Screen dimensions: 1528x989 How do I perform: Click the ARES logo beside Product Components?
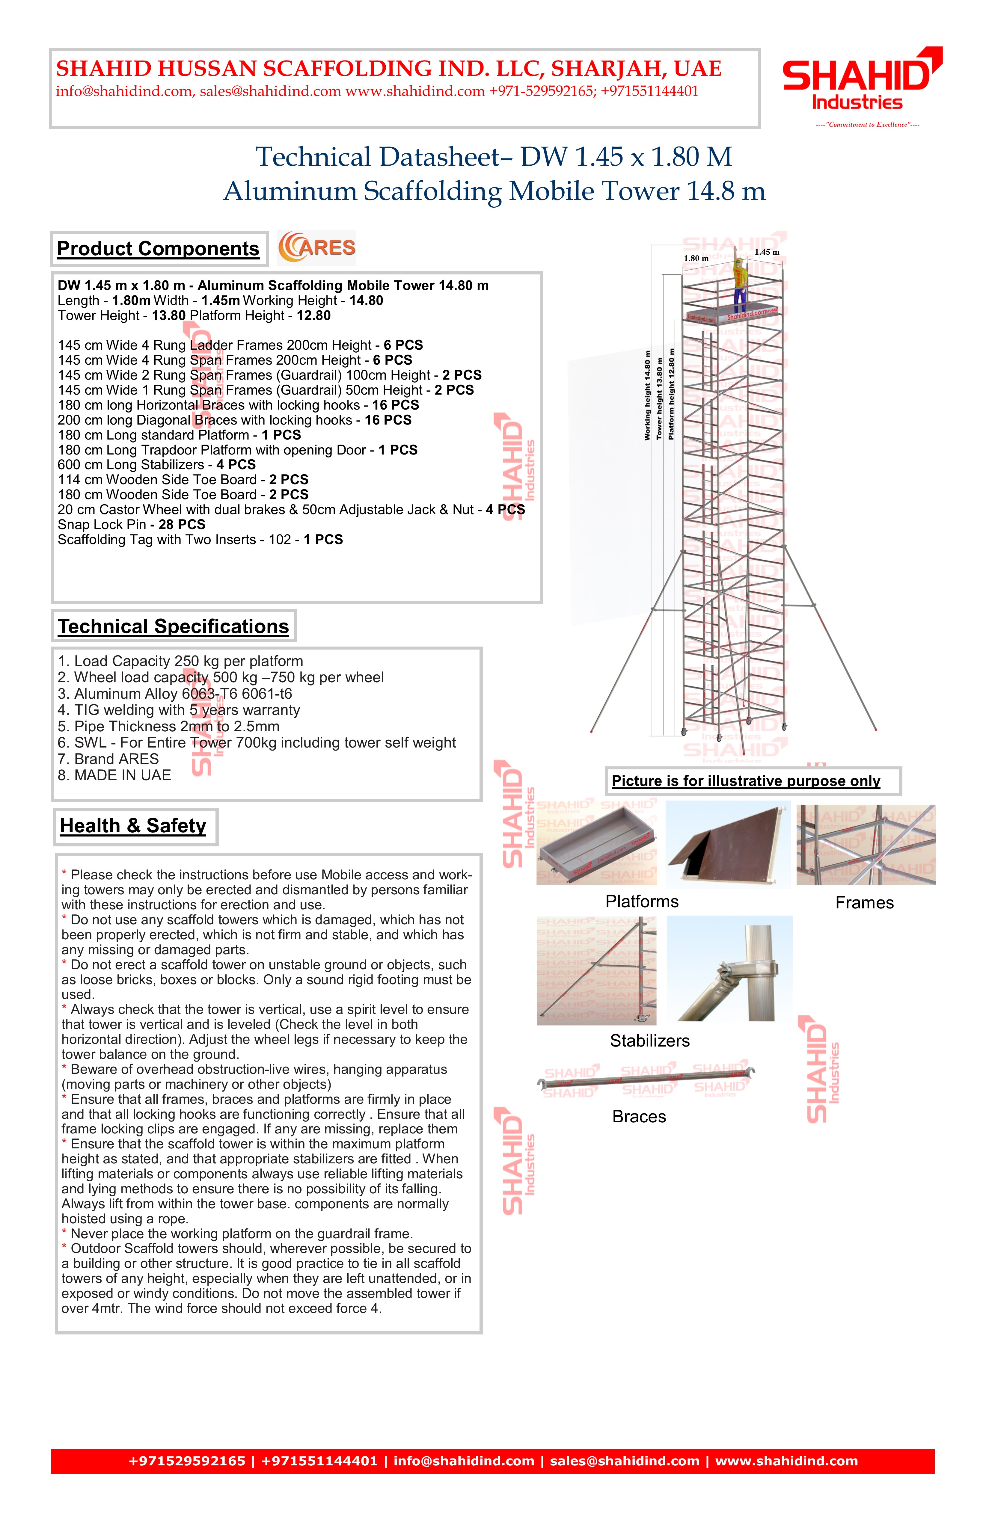(x=316, y=248)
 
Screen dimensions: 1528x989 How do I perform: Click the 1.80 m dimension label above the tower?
(x=696, y=258)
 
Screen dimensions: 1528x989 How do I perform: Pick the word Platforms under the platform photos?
(x=642, y=902)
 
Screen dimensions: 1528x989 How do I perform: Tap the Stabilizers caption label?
(x=649, y=1041)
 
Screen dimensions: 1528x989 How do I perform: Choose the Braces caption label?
(x=639, y=1116)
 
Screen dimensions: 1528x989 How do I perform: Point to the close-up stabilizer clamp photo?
(x=729, y=968)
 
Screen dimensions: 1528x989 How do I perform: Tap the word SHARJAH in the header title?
(x=603, y=69)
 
